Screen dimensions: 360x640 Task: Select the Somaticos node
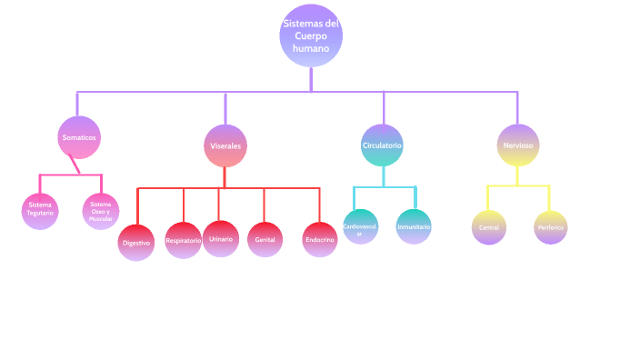pos(78,137)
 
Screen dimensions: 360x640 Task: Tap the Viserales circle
pos(225,145)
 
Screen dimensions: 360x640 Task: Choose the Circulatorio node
pos(382,145)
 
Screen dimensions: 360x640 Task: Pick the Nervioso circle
pos(518,145)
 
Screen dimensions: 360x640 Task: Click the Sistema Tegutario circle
pos(40,210)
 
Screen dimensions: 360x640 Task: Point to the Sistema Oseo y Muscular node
pos(101,210)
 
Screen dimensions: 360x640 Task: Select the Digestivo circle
pos(136,243)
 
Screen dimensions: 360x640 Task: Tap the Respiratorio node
pos(184,240)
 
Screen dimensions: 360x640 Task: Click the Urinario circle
pos(220,238)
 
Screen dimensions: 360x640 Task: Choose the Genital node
pos(265,240)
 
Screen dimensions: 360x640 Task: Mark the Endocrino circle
pos(320,240)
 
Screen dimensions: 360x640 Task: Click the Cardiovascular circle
pos(360,227)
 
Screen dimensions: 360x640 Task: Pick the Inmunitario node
pos(414,226)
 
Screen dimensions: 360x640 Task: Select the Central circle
pos(489,227)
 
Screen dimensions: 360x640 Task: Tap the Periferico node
pos(551,227)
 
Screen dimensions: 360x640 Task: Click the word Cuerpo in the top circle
pos(311,35)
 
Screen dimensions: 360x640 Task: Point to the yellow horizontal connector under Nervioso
pos(518,185)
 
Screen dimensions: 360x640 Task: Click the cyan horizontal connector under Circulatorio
pos(384,187)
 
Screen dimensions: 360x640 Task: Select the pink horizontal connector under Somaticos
pos(69,175)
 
